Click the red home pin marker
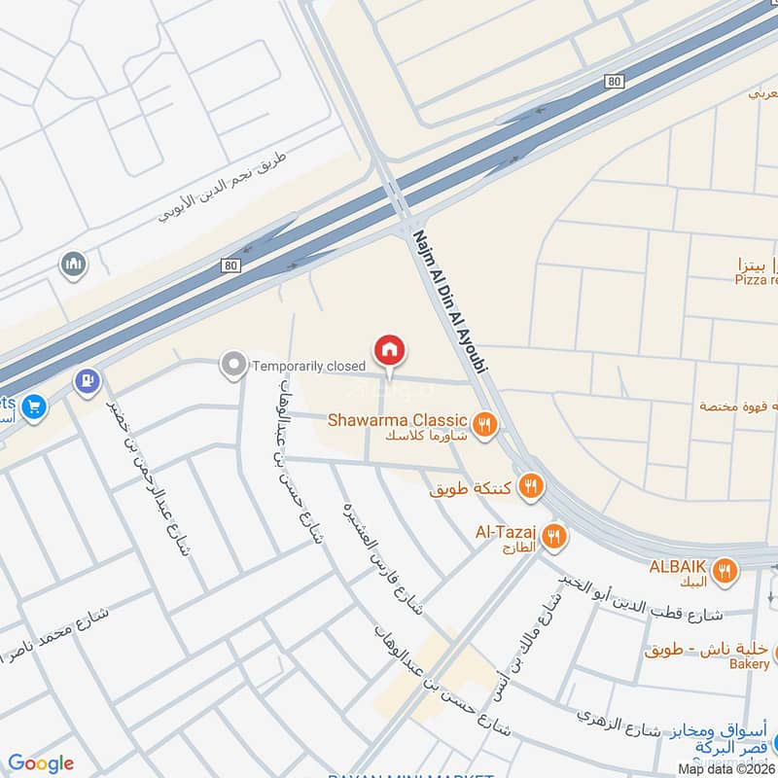tap(390, 350)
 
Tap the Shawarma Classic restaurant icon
tap(484, 423)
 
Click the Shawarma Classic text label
tap(398, 421)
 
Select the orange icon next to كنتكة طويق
tap(530, 486)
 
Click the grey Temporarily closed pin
tap(232, 366)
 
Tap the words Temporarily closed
tap(308, 367)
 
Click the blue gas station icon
tap(87, 380)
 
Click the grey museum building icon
tap(73, 264)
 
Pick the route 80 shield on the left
tap(230, 265)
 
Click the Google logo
tap(41, 762)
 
